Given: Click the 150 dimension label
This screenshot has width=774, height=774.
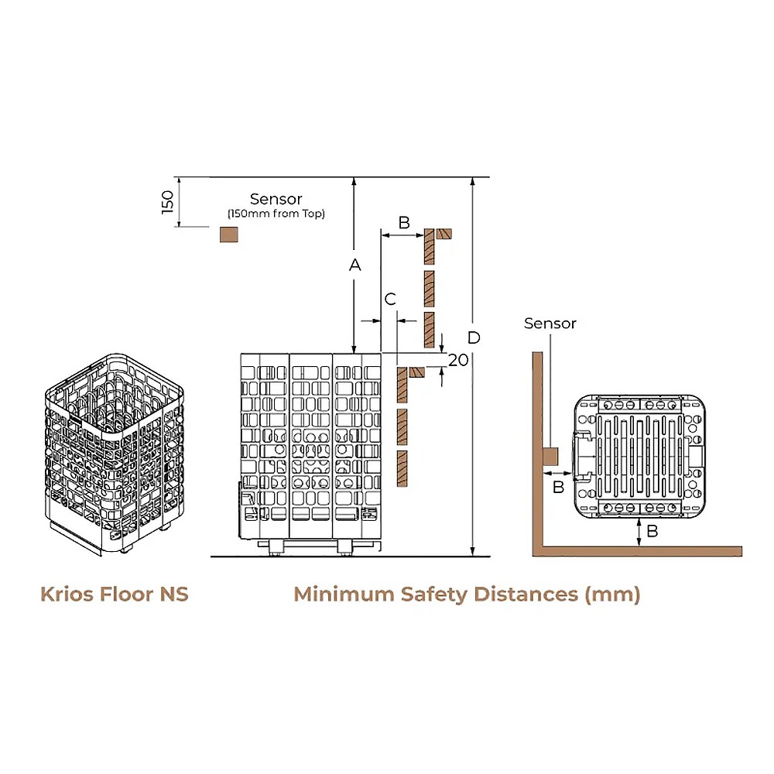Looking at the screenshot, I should pyautogui.click(x=168, y=202).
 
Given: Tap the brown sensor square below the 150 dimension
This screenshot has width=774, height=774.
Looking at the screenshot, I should pyautogui.click(x=228, y=234).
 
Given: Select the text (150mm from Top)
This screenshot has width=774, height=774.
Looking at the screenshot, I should pyautogui.click(x=276, y=214).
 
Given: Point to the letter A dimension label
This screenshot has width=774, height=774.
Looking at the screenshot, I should pyautogui.click(x=354, y=265).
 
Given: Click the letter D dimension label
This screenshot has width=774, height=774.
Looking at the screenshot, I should pyautogui.click(x=474, y=337).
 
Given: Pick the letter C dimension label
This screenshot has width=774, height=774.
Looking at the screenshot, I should pyautogui.click(x=390, y=299).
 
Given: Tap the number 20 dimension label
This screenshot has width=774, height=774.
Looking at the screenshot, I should pyautogui.click(x=458, y=359).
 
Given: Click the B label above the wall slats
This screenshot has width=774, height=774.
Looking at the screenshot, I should pyautogui.click(x=403, y=222).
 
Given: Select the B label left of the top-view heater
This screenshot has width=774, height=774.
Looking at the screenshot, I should pyautogui.click(x=558, y=487).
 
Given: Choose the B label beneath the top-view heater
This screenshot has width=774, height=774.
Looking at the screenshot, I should pyautogui.click(x=652, y=531).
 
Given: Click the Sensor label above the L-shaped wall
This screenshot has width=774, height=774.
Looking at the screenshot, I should pyautogui.click(x=550, y=324).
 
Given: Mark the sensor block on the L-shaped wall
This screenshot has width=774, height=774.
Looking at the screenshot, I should pyautogui.click(x=550, y=457).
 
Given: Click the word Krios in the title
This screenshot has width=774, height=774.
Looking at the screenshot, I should pyautogui.click(x=67, y=594).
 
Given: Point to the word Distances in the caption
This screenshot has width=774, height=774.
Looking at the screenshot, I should pyautogui.click(x=526, y=594).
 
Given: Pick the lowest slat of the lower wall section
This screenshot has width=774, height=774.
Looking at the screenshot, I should pyautogui.click(x=402, y=469).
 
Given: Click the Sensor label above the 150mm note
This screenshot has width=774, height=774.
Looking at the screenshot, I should pyautogui.click(x=276, y=200).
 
